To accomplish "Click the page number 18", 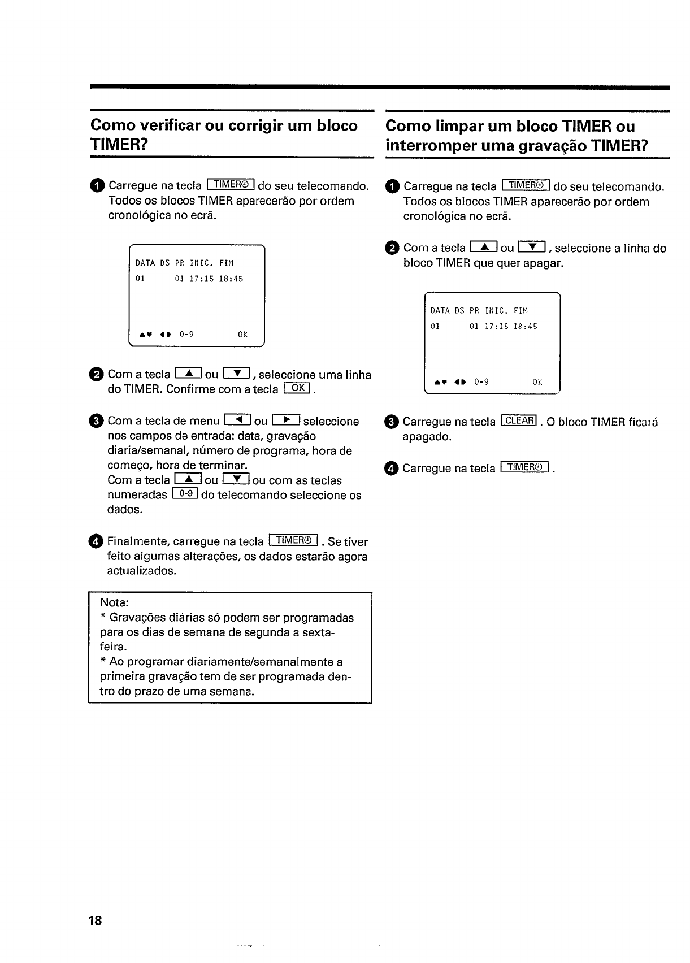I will (x=95, y=921).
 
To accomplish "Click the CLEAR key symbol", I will (x=519, y=420).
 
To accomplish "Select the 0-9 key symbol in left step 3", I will (x=185, y=494).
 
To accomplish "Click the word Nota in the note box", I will (x=115, y=603).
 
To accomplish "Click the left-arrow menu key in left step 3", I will (x=237, y=420).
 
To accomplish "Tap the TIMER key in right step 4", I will (x=525, y=467).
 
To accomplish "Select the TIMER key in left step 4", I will (x=294, y=540).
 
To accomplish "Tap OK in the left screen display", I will (x=243, y=334).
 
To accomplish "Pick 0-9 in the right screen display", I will (x=481, y=382).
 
